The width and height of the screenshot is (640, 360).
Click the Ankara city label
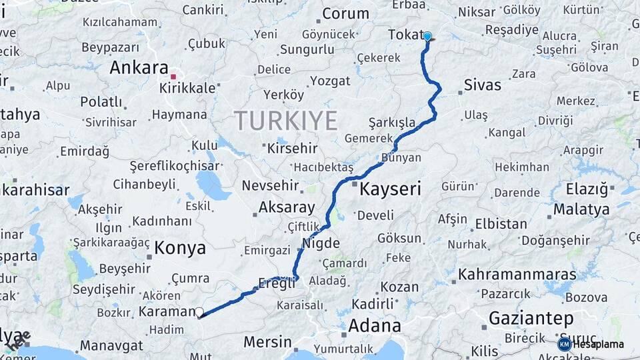pos(139,67)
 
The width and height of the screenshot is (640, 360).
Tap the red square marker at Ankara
pos(173,76)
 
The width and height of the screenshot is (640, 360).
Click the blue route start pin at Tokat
pos(427,37)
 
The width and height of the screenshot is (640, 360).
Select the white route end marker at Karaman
pos(199,311)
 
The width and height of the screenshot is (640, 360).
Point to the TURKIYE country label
pos(285,121)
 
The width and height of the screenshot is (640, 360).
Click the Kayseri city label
pos(390,189)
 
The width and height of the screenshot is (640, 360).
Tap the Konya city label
pos(180,248)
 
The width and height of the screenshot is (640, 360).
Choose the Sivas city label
pos(482,85)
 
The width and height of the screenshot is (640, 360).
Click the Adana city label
pos(374,326)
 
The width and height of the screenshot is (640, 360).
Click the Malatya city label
pos(581,209)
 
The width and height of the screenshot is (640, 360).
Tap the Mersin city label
pos(267,342)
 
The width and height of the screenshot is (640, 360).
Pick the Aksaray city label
pos(287,207)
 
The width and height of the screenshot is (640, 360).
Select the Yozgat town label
pos(329,81)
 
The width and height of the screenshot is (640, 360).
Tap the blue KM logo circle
pos(564,344)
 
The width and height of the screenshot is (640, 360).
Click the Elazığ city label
pos(587,189)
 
